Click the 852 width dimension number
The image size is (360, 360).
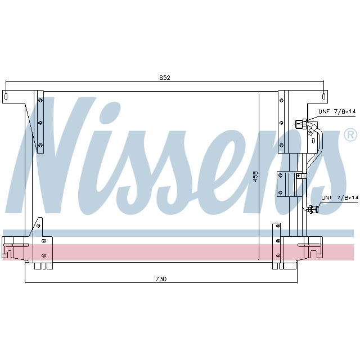164,78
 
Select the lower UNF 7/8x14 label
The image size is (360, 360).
339,197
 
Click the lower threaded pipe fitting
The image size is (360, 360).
313,210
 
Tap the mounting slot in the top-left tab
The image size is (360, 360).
6,96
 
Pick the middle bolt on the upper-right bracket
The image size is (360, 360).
280,122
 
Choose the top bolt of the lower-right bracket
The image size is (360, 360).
278,226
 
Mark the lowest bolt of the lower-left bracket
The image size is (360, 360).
43,256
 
